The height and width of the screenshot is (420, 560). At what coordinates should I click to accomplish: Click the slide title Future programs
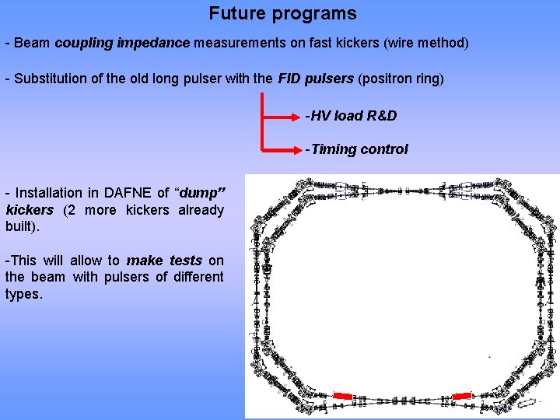click(282, 13)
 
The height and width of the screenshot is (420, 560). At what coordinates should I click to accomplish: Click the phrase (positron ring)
click(401, 79)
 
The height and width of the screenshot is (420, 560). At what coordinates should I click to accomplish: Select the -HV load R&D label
click(351, 116)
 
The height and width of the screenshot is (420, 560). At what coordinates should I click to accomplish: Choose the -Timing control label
click(356, 149)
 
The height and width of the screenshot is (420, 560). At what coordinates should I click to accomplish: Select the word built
click(21, 226)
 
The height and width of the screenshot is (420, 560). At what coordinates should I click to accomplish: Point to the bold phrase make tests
click(164, 261)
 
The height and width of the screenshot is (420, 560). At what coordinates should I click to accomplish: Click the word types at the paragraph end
click(23, 295)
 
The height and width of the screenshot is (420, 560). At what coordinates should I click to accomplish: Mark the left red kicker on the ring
click(342, 397)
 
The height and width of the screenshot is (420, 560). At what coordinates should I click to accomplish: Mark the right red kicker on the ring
click(461, 397)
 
